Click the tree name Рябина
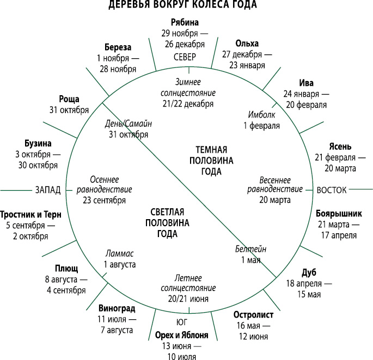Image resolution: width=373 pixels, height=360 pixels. (x=185, y=23)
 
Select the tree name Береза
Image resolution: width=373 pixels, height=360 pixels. (x=118, y=47)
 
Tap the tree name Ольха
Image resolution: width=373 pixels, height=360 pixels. (x=247, y=44)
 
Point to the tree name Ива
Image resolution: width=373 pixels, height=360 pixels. (x=306, y=83)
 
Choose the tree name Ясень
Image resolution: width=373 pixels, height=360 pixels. (x=340, y=146)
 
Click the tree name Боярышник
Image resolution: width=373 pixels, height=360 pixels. (x=339, y=214)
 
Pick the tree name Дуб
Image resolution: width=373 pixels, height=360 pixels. (x=309, y=272)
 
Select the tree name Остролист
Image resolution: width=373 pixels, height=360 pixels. (x=253, y=315)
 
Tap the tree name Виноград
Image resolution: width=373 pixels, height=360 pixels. (x=117, y=308)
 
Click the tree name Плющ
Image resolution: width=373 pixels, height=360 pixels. (x=66, y=269)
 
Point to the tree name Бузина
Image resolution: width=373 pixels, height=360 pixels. (x=38, y=144)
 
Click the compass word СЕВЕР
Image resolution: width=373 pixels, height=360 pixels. (x=185, y=57)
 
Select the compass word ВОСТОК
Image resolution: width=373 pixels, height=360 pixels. (x=332, y=190)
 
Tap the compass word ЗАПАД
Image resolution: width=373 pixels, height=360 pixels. (x=48, y=190)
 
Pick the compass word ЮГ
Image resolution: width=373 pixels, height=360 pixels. (x=182, y=322)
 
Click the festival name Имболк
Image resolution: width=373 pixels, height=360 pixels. (x=261, y=115)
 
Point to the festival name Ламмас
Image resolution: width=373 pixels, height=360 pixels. (x=119, y=253)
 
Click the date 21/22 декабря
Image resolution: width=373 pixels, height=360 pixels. (x=188, y=104)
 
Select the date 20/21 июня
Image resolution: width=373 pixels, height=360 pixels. (x=188, y=299)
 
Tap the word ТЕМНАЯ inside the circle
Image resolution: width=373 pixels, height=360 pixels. (x=211, y=150)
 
